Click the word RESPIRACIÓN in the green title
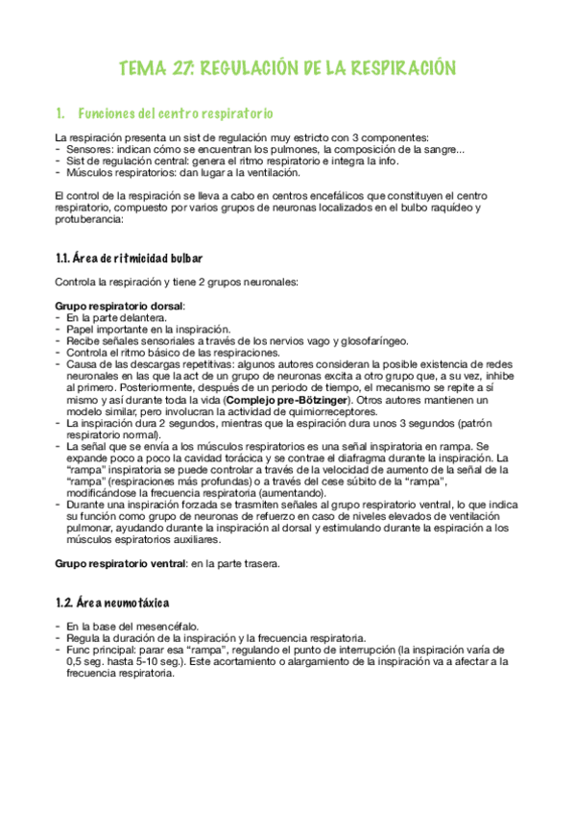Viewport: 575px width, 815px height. (396, 68)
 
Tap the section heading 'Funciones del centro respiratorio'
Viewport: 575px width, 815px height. (175, 112)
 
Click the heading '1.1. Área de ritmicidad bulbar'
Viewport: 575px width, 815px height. (129, 259)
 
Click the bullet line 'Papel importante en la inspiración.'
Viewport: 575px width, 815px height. (142, 329)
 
